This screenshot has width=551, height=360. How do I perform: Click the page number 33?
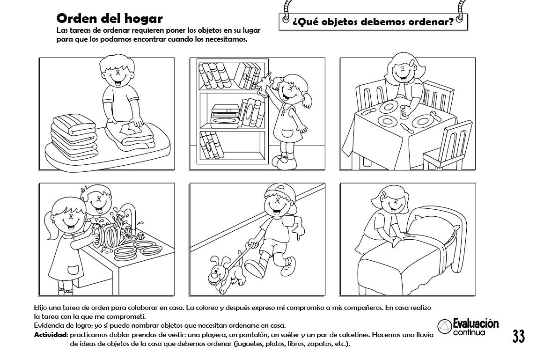click(518, 336)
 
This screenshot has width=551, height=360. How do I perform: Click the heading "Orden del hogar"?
click(109, 18)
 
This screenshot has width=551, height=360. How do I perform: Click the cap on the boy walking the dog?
click(279, 192)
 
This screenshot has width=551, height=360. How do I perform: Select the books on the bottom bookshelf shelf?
click(212, 145)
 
